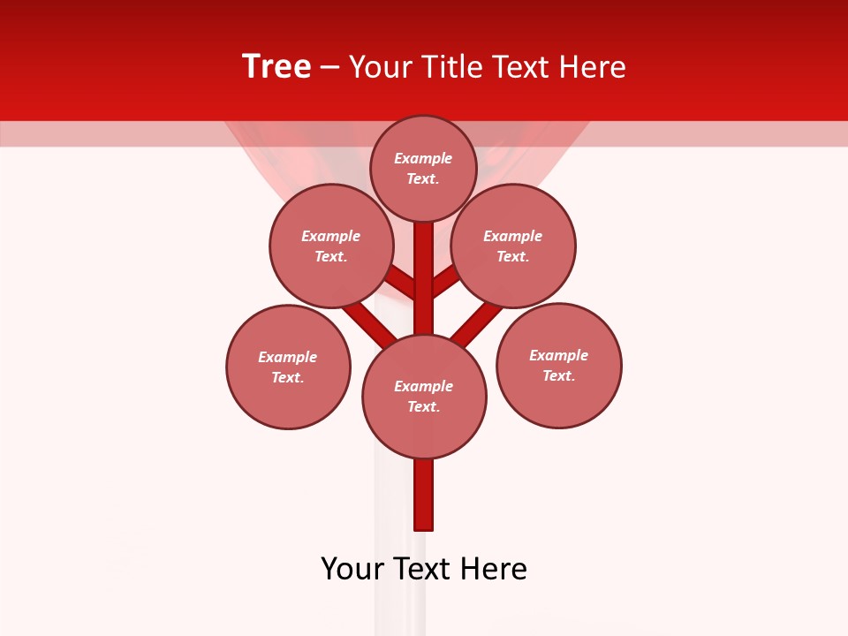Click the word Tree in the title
276,67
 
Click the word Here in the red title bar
592,67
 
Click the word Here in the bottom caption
494,569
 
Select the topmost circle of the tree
423,169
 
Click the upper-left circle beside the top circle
330,246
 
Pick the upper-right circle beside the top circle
513,246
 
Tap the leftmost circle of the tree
288,367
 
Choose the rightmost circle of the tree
559,365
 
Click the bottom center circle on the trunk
424,397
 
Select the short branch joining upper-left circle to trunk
401,282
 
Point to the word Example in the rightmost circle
558,355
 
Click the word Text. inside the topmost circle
423,178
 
